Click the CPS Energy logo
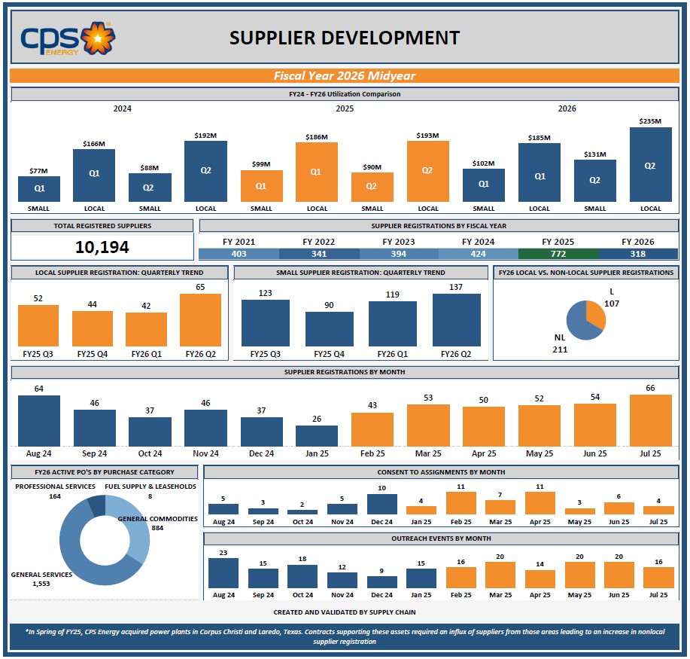(67, 38)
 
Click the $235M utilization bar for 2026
(650, 164)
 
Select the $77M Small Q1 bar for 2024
(39, 188)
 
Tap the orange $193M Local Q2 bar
(427, 171)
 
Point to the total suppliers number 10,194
(102, 247)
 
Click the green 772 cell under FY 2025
(558, 254)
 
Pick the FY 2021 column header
(239, 242)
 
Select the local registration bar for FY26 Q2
(200, 319)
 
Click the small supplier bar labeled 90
(329, 328)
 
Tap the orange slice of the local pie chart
(594, 313)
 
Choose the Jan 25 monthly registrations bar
(317, 436)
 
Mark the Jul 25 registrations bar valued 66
(650, 420)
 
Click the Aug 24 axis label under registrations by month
(39, 453)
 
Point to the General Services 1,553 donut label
(41, 579)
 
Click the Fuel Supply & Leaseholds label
(150, 487)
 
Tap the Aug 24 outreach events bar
(223, 572)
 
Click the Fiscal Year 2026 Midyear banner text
(345, 76)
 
